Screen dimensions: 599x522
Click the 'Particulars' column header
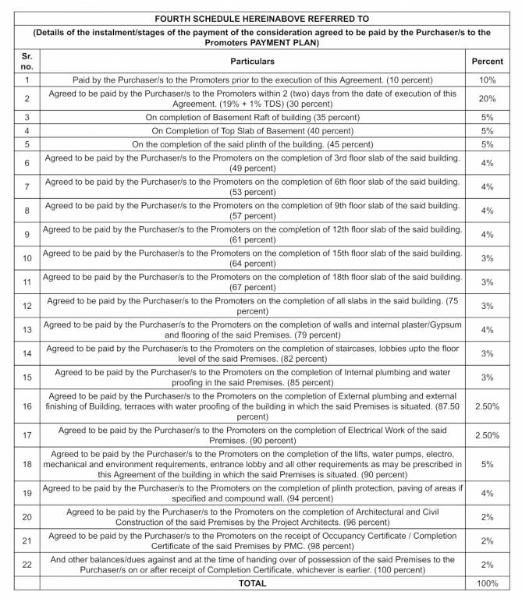(252, 61)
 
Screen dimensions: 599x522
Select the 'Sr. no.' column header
(27, 61)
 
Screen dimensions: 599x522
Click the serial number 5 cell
(27, 144)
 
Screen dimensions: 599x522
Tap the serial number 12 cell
(27, 307)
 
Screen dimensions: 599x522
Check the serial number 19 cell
(27, 494)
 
